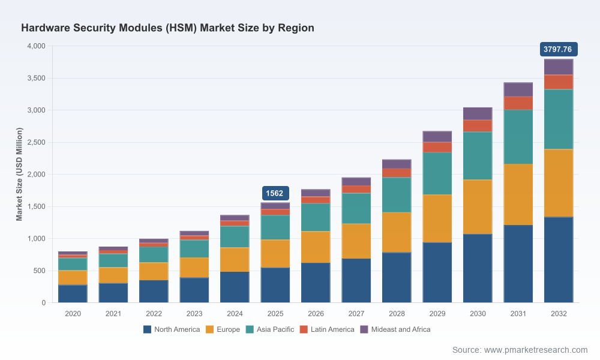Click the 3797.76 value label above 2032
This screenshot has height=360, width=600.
coord(558,49)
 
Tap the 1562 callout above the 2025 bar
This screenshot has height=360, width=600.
coord(275,193)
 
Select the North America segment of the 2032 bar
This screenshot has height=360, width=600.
coord(559,260)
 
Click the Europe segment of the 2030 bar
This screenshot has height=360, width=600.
coord(478,206)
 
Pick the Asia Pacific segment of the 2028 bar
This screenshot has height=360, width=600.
coord(397,195)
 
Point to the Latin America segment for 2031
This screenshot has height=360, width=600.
coord(518,103)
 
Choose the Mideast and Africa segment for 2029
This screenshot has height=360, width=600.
coord(437,137)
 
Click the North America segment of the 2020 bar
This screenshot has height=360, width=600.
coord(73,294)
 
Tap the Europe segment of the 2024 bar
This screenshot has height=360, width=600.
coord(235,260)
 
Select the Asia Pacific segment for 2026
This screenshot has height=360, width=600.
coord(316,217)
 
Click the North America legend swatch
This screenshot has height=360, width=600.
coord(148,329)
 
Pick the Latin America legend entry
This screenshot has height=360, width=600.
coord(327,329)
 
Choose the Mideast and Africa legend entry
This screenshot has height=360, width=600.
coord(395,329)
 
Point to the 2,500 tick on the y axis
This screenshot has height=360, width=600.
coord(36,142)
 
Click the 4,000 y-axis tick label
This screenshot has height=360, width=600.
coord(36,46)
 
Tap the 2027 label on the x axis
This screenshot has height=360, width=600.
coord(356,314)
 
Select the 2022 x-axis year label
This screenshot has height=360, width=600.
coord(154,314)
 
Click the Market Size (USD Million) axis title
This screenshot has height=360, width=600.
coord(19,174)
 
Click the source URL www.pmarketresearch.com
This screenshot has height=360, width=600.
coord(536,350)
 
